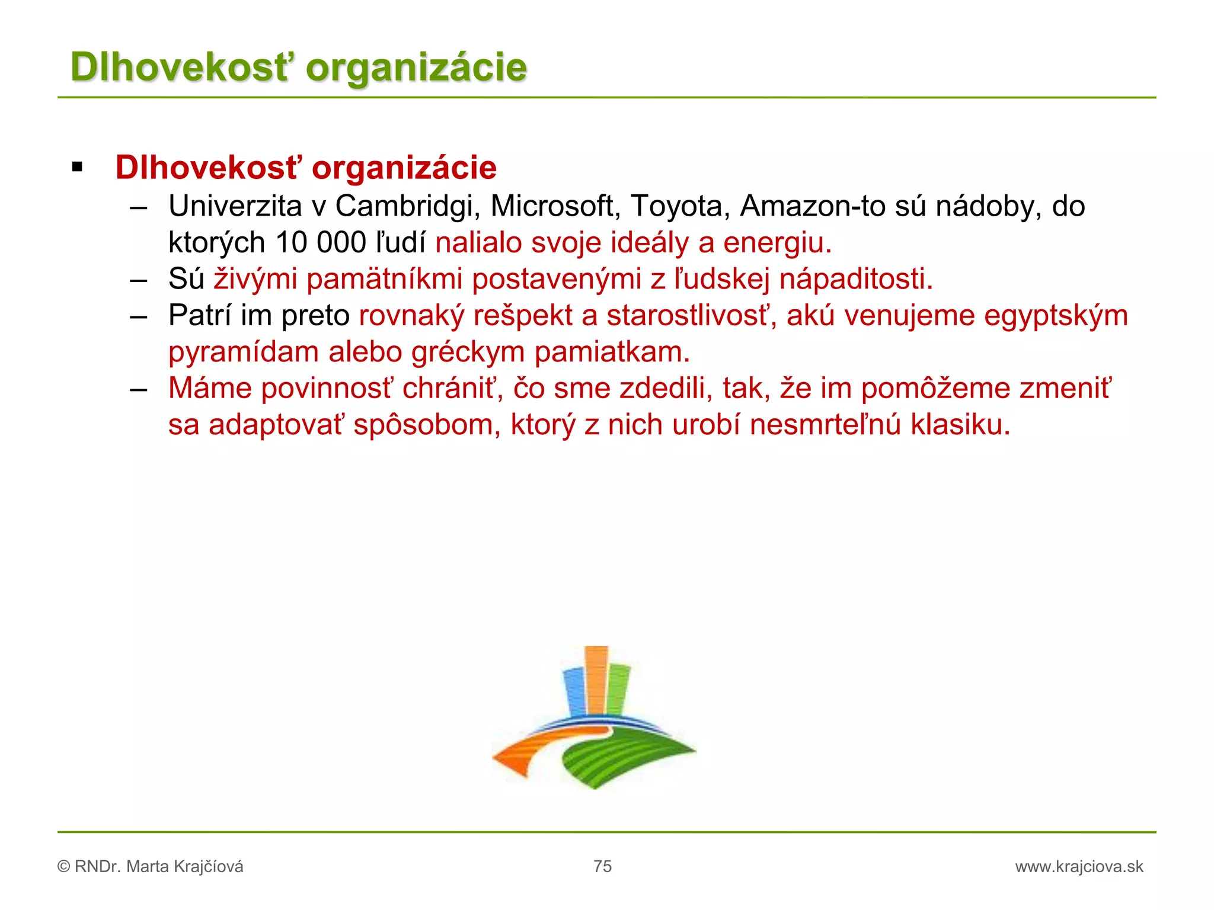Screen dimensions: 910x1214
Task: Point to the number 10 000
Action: point(320,243)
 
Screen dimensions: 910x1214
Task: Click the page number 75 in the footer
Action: point(602,866)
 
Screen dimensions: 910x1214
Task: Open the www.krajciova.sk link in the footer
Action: point(1079,867)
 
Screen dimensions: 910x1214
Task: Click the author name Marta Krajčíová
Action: point(184,867)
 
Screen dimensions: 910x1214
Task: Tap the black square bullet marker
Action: point(77,168)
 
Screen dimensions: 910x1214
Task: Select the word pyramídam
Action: point(244,353)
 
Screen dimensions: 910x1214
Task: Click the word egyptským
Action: point(1056,316)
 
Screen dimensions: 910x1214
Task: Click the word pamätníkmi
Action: point(384,280)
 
